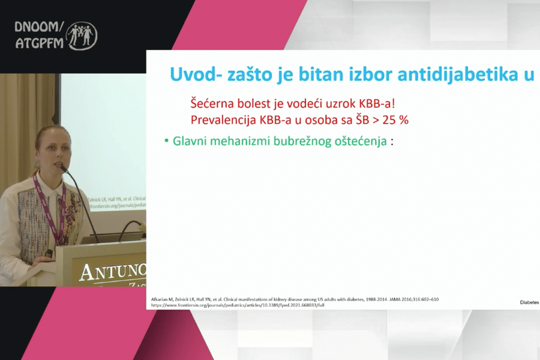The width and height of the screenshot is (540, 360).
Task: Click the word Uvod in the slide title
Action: [x=190, y=74]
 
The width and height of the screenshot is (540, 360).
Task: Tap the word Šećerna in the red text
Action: [x=212, y=103]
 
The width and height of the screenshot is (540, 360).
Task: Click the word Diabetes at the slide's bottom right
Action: [x=529, y=303]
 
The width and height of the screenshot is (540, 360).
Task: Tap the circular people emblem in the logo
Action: [x=82, y=35]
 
